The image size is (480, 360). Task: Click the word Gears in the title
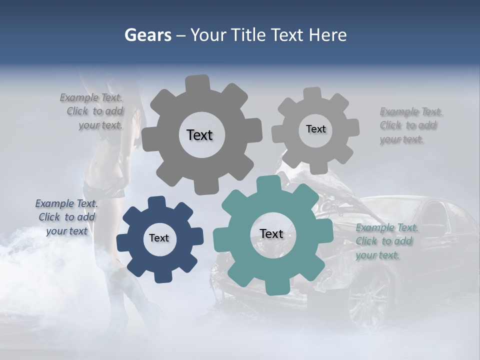click(147, 35)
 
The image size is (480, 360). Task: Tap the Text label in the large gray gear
click(199, 135)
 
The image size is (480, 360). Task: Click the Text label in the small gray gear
click(315, 129)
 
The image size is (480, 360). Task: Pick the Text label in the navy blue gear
click(159, 238)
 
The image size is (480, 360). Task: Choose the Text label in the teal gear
click(271, 233)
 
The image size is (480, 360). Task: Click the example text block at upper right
click(410, 125)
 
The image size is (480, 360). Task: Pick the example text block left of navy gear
click(67, 217)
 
